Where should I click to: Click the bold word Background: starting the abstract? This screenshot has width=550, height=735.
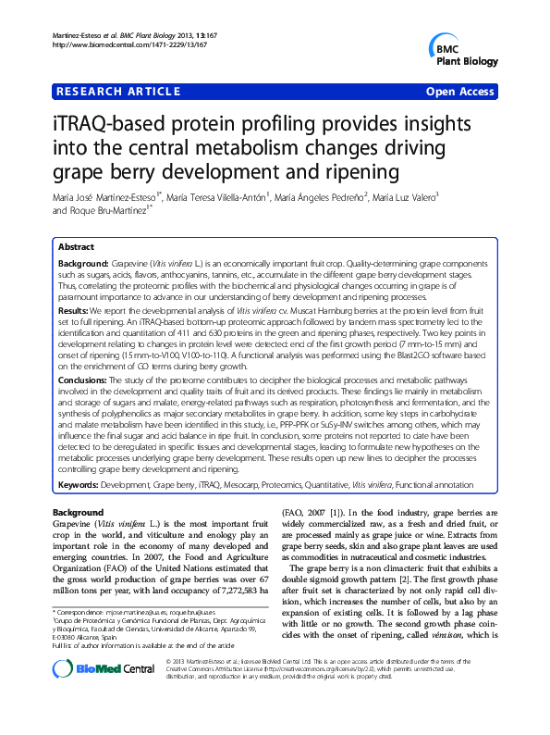tap(81, 265)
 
